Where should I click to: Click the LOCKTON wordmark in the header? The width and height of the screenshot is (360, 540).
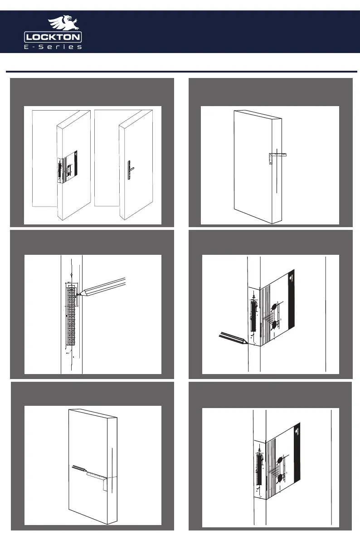(53, 37)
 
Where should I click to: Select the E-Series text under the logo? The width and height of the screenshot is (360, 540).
(53, 47)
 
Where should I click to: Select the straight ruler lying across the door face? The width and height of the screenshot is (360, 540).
(95, 474)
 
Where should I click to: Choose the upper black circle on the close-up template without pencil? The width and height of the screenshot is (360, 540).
(281, 461)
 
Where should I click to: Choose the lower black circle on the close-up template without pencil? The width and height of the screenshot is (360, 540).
(280, 478)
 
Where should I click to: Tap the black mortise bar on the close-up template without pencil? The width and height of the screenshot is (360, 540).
(259, 469)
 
